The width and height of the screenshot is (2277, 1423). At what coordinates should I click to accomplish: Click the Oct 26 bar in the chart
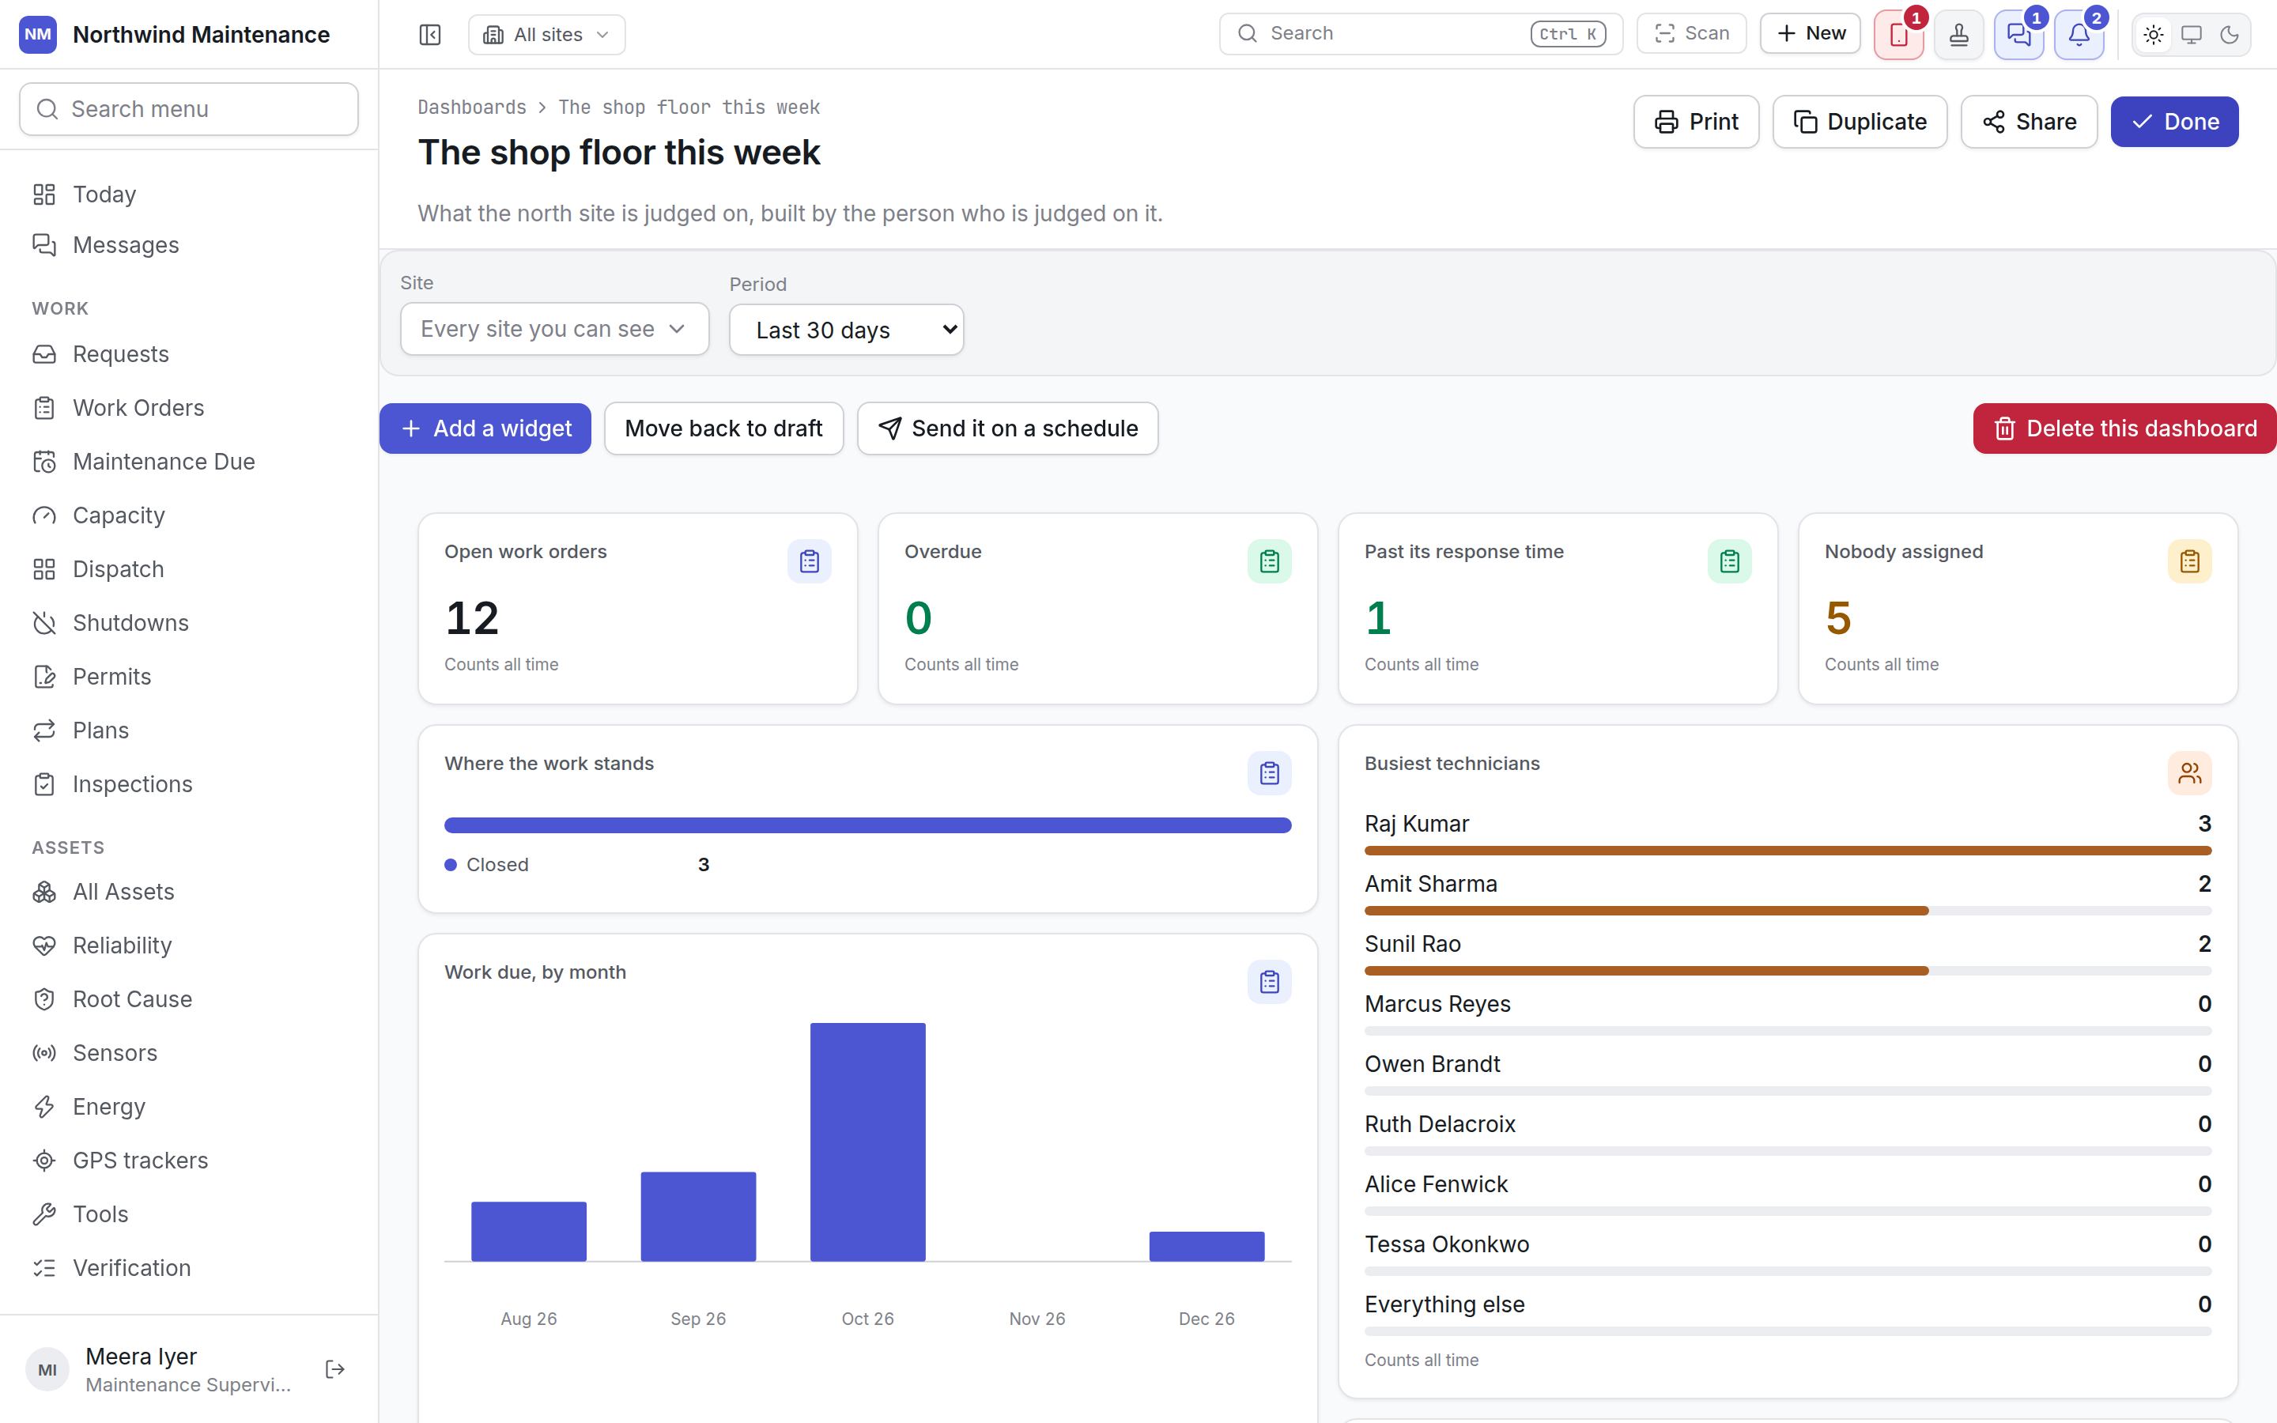(x=867, y=1142)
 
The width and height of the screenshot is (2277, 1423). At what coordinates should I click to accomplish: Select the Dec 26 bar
(x=1206, y=1246)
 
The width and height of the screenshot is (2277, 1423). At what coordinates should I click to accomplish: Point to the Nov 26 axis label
(x=1037, y=1319)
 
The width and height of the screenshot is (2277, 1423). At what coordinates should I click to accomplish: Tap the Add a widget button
(x=485, y=428)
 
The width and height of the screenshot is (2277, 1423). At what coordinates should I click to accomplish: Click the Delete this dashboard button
(x=2124, y=428)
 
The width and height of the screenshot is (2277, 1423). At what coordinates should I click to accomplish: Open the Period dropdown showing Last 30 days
(x=846, y=330)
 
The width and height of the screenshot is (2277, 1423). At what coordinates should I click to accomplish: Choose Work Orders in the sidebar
(x=138, y=407)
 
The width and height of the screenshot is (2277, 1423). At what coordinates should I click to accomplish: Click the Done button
(x=2174, y=122)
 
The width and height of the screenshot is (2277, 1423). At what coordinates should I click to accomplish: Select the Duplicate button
(x=1860, y=122)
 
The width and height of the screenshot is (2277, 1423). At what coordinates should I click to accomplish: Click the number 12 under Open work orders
(x=471, y=618)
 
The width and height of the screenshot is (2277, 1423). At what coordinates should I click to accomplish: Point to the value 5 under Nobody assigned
(x=1837, y=618)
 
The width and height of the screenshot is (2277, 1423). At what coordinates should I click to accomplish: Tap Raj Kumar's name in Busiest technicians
(x=1416, y=824)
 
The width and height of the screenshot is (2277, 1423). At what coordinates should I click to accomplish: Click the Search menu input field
(x=189, y=109)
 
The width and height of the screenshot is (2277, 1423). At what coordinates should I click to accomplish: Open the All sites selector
(x=546, y=35)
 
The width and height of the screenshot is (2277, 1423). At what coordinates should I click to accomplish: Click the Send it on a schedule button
(x=1008, y=428)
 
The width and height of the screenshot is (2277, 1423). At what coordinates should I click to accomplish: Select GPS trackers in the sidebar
(x=140, y=1161)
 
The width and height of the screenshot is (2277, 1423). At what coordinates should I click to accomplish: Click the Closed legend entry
(x=486, y=865)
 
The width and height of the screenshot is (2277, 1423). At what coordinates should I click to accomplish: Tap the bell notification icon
(x=2079, y=35)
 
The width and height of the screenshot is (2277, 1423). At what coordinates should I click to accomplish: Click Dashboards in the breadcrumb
(x=472, y=108)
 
